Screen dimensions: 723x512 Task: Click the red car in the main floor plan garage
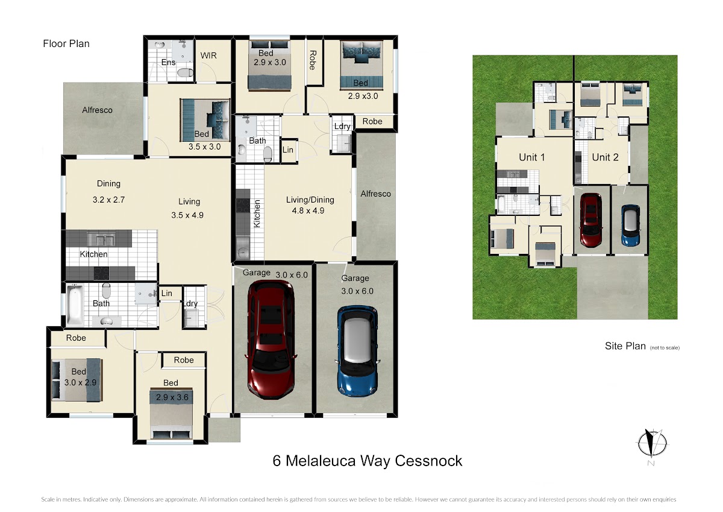271,340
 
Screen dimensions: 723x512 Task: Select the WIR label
208,55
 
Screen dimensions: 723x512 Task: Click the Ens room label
168,62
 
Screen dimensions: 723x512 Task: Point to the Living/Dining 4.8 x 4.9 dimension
308,210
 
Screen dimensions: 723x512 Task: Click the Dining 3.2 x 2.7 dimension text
108,200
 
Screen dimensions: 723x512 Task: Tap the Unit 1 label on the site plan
531,157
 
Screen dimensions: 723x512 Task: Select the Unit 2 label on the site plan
605,157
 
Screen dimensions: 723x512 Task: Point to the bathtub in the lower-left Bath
75,305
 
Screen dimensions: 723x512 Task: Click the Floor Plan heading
66,43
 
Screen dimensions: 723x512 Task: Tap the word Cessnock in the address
428,461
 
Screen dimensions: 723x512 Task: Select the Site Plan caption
625,346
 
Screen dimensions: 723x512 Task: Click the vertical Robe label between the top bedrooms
313,60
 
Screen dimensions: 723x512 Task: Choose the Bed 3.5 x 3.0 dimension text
204,147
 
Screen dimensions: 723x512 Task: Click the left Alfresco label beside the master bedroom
97,110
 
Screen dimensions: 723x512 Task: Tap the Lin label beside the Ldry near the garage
166,293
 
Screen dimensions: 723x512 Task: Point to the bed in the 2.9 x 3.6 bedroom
171,414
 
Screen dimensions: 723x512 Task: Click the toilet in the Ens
186,73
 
